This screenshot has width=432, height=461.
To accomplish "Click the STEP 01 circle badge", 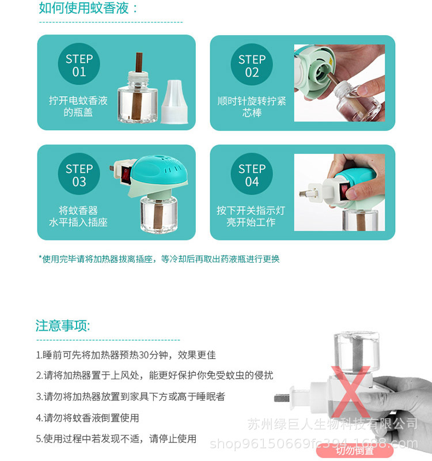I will coord(79,65).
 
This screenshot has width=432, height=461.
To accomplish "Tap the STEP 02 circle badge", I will coord(252,65).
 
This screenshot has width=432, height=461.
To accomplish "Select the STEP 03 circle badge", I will coord(79,175).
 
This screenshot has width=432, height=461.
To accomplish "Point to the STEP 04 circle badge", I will coord(252,175).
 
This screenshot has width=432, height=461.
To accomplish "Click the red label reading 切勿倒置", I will coord(355,450).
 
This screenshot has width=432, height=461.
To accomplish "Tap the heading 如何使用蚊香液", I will coord(89,8).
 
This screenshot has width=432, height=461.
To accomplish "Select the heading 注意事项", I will coord(63,326).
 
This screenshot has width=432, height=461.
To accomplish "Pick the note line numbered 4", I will coord(88,418).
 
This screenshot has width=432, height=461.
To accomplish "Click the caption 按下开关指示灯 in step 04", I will coord(251,210).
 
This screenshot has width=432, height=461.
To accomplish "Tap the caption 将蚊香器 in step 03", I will coord(78,210).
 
